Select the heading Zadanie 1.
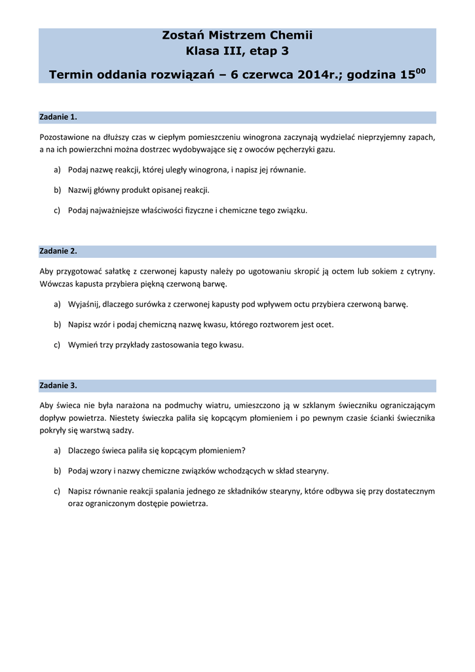point(58,117)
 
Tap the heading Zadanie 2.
point(58,251)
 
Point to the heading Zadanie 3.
point(58,385)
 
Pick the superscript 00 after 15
point(421,71)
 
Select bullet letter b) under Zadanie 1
point(57,190)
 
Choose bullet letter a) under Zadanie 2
point(57,304)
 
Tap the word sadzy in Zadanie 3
point(123,430)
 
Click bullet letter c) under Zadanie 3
point(57,491)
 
